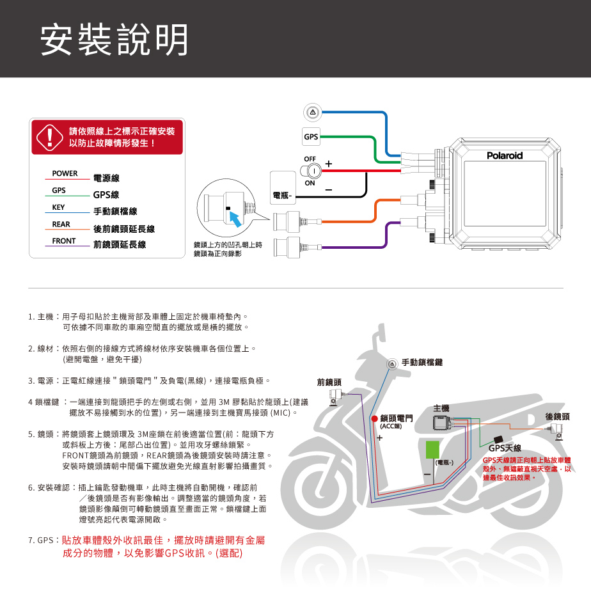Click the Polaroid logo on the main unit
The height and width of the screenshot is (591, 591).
click(x=504, y=155)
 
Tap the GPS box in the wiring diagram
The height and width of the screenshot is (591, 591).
click(x=311, y=136)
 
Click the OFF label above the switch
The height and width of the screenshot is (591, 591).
click(x=310, y=159)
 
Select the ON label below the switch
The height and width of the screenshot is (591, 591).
click(x=310, y=183)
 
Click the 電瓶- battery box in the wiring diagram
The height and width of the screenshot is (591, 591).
click(x=283, y=187)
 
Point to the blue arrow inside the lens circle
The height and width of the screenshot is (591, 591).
click(x=236, y=219)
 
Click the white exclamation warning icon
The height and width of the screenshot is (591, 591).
click(x=49, y=137)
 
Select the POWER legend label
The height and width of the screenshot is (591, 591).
click(x=65, y=173)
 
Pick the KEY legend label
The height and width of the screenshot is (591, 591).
click(x=58, y=207)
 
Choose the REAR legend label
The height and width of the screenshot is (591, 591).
click(x=61, y=225)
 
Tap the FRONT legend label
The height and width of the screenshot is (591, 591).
click(x=64, y=241)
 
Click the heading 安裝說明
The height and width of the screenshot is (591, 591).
click(x=114, y=40)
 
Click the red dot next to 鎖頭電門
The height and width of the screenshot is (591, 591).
click(x=375, y=419)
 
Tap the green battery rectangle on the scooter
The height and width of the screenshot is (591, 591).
click(x=432, y=450)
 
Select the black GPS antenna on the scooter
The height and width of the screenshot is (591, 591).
click(x=498, y=439)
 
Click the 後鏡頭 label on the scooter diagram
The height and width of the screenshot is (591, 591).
click(x=558, y=416)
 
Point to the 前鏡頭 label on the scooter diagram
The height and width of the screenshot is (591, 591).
click(x=329, y=382)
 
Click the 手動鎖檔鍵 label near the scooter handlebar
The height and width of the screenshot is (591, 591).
click(x=422, y=362)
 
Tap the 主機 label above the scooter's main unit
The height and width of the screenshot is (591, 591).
click(x=441, y=408)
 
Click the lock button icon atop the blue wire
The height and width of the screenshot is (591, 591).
click(x=313, y=113)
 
